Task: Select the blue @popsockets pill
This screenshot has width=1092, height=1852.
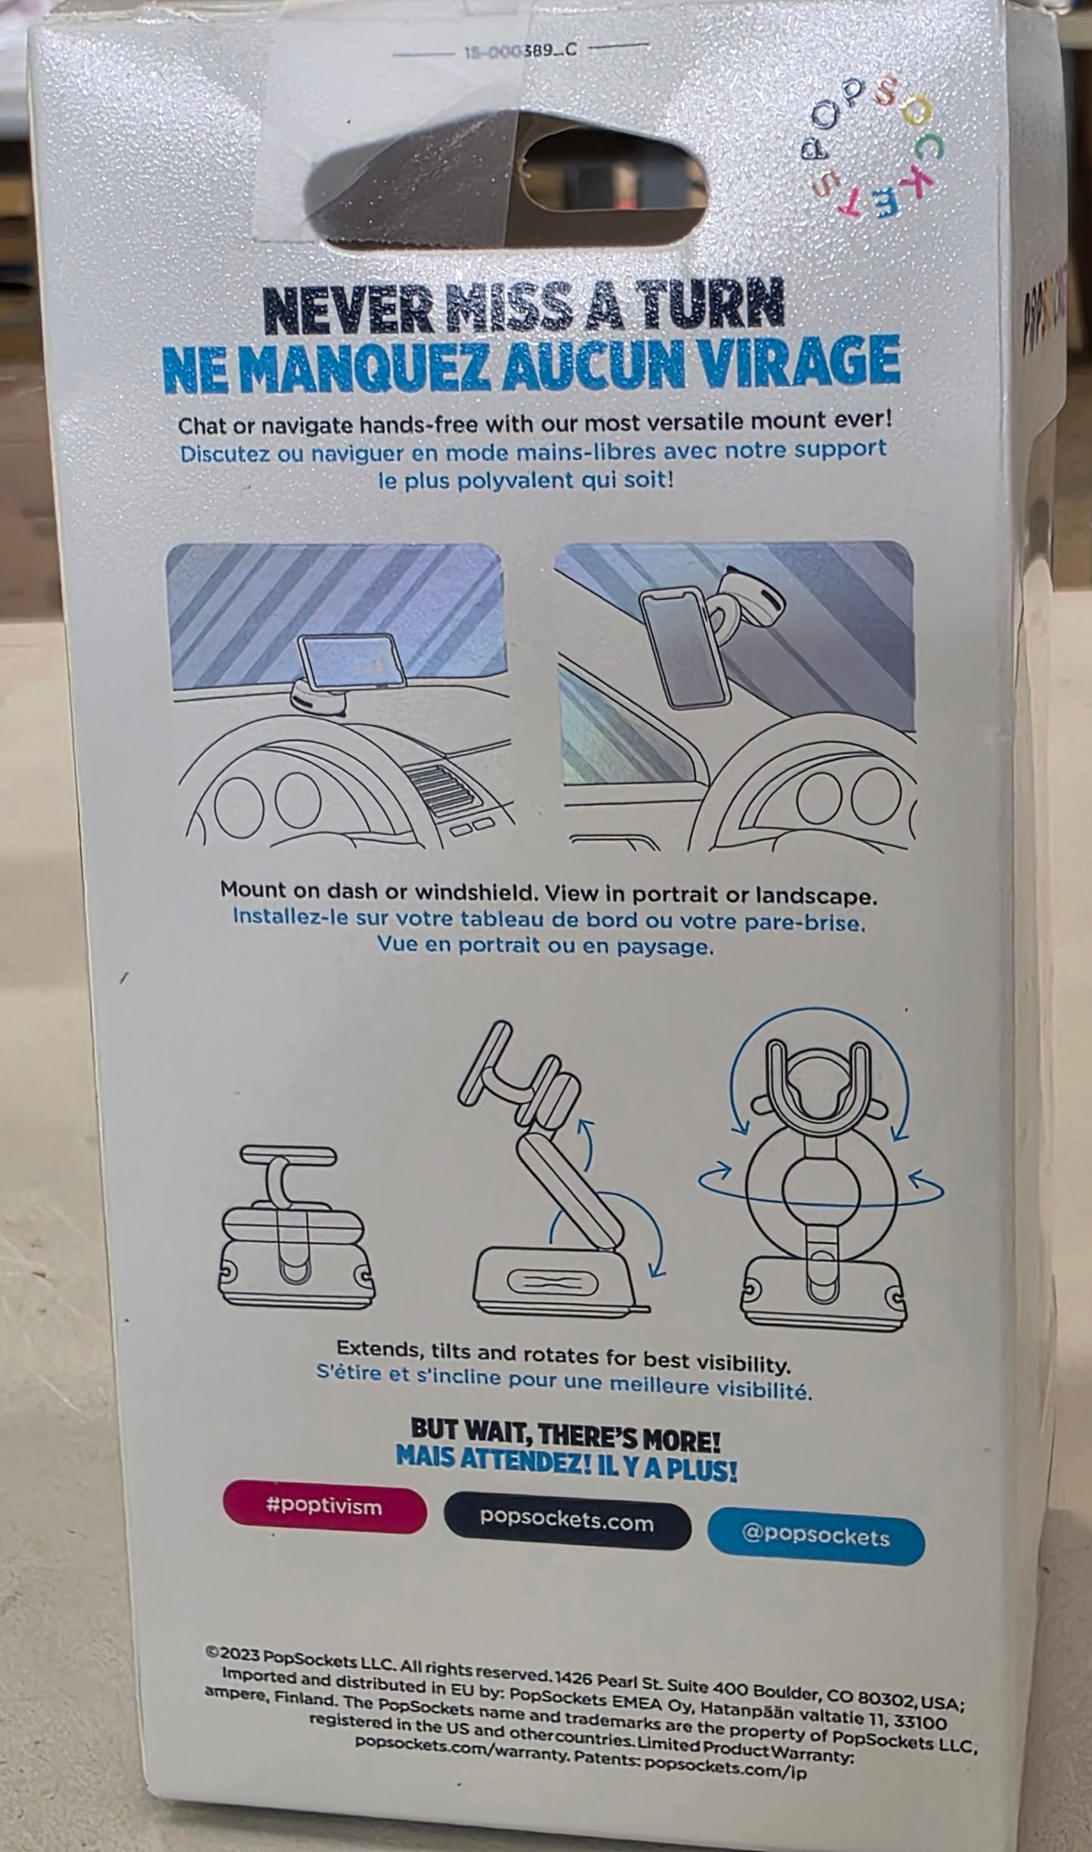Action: (816, 1537)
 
